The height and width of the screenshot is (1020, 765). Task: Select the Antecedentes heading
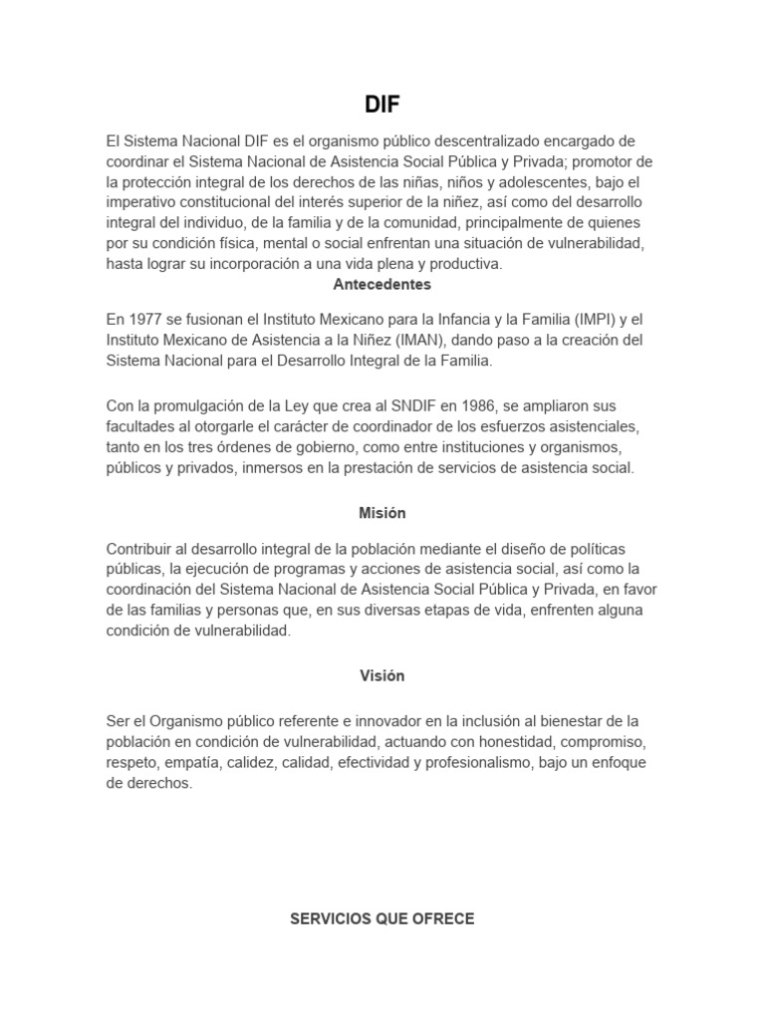[382, 284]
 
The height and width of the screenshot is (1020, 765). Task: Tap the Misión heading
[382, 513]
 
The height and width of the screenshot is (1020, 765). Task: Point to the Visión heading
[382, 675]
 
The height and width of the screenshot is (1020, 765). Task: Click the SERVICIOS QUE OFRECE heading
[382, 918]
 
